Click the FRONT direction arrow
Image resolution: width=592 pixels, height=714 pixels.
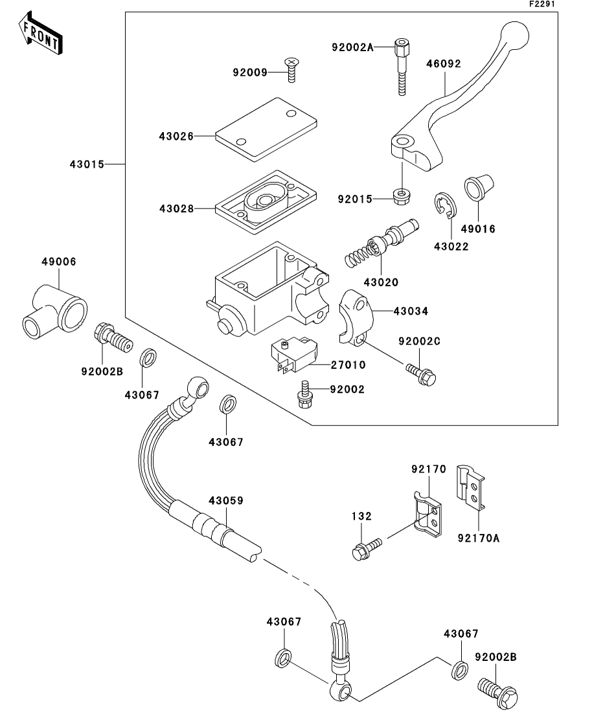pyautogui.click(x=40, y=33)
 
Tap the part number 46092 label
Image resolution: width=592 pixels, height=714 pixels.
pyautogui.click(x=444, y=63)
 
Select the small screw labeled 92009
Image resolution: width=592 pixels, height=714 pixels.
pyautogui.click(x=291, y=70)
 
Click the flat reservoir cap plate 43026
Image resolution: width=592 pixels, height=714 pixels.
pyautogui.click(x=266, y=129)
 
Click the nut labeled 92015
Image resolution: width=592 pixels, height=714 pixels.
pyautogui.click(x=402, y=195)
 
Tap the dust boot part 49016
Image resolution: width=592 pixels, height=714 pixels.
pyautogui.click(x=479, y=186)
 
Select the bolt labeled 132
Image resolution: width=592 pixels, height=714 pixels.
pyautogui.click(x=367, y=548)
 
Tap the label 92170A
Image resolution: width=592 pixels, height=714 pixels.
pyautogui.click(x=479, y=538)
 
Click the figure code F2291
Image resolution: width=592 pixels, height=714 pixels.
pyautogui.click(x=542, y=4)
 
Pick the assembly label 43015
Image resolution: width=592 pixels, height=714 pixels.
pyautogui.click(x=87, y=164)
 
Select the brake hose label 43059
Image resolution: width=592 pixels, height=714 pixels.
pyautogui.click(x=226, y=500)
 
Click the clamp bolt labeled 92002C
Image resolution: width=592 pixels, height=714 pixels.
pyautogui.click(x=420, y=372)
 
